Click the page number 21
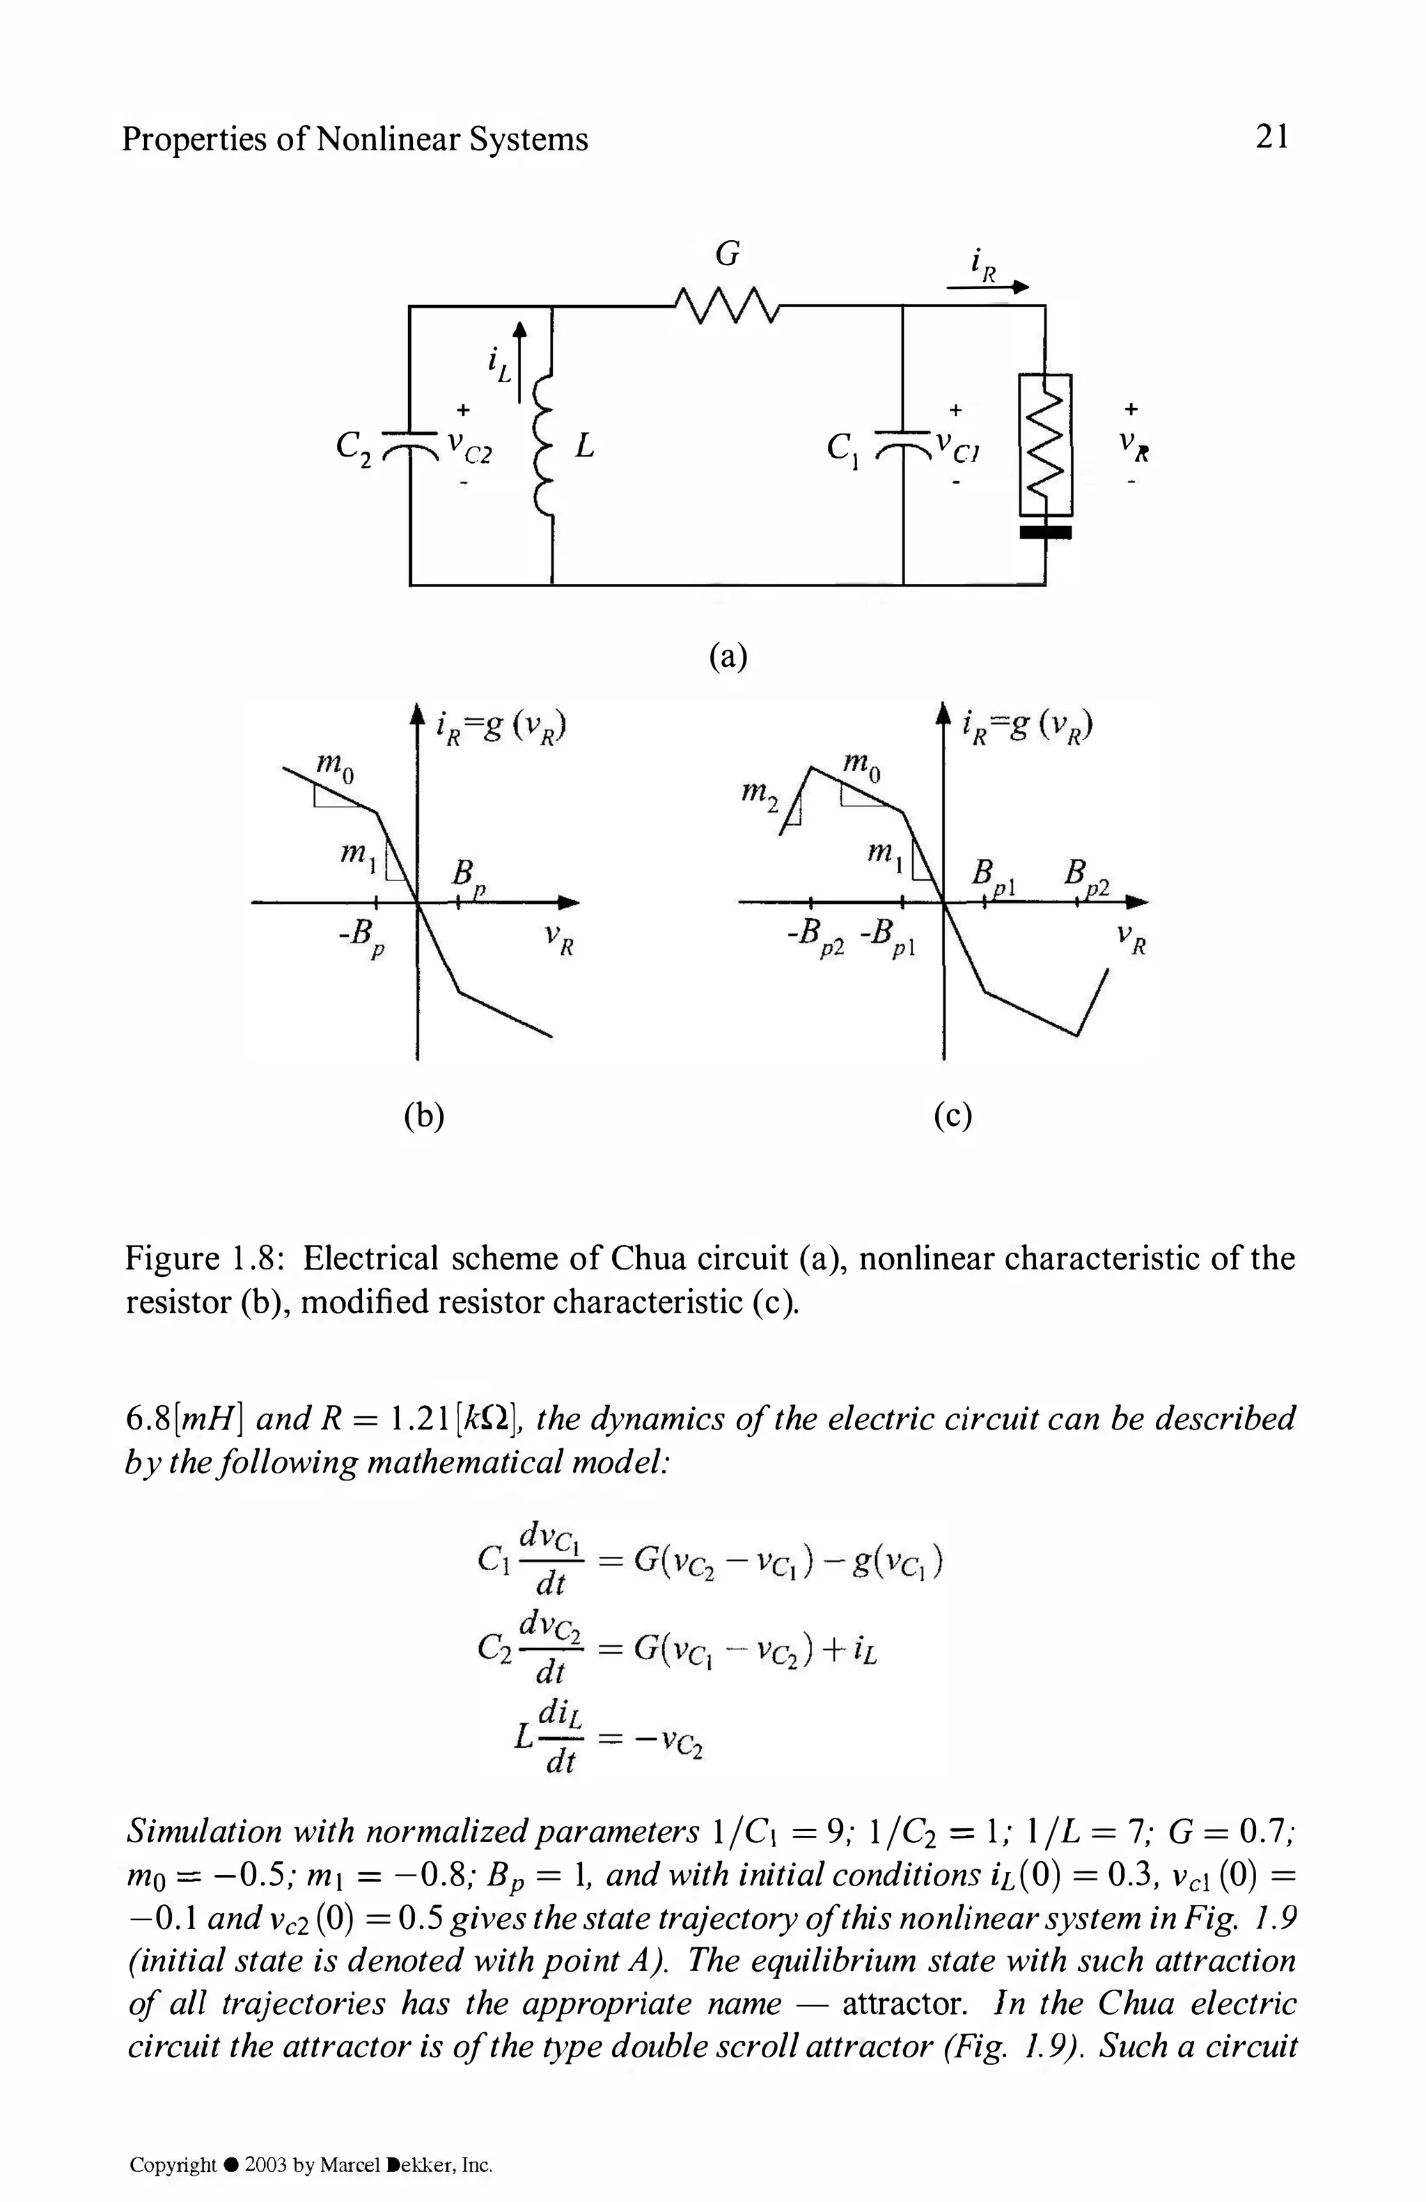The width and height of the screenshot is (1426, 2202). click(1271, 138)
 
